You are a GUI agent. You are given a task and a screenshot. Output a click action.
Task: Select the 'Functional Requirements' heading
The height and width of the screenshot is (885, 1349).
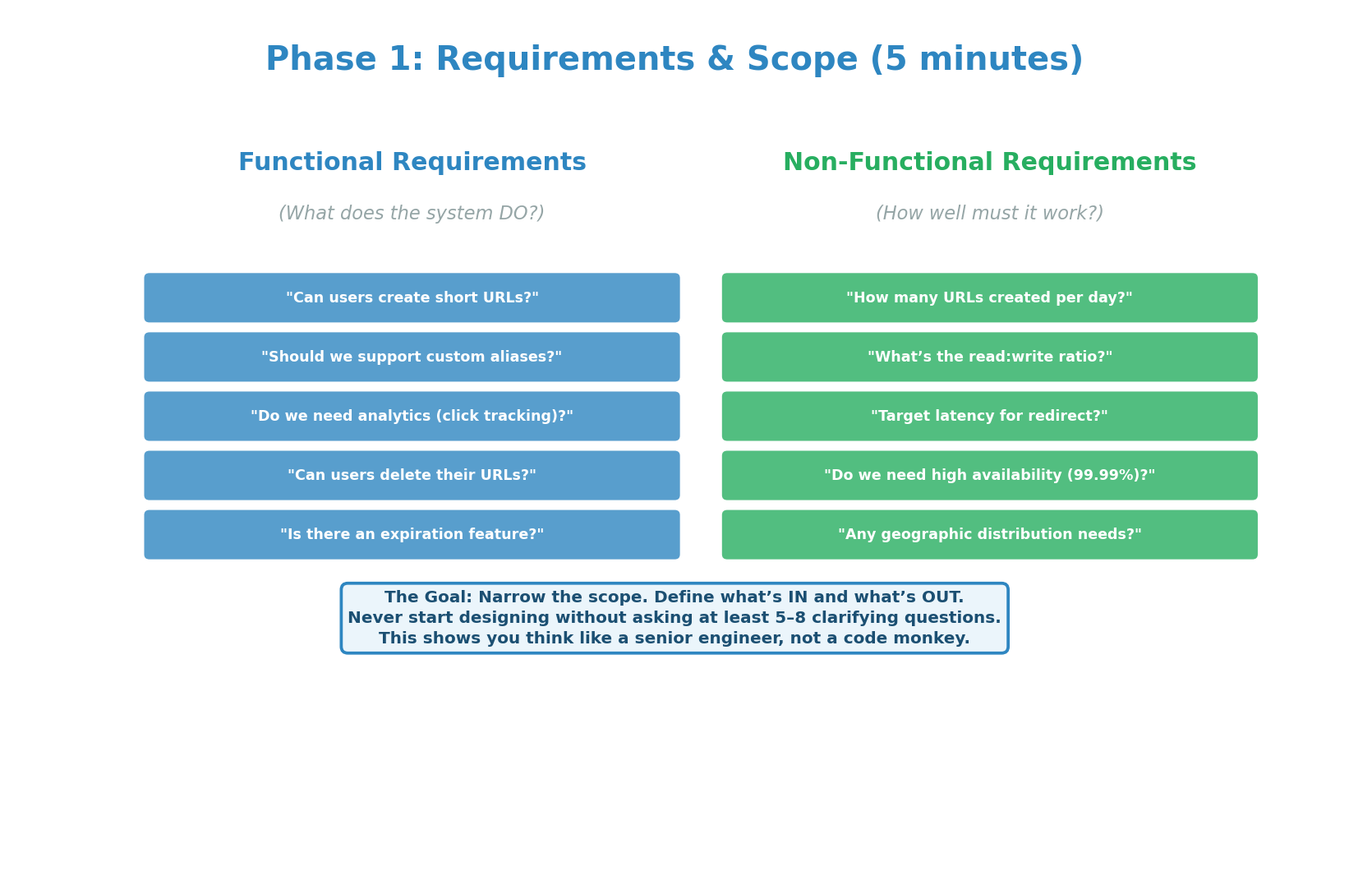click(x=412, y=163)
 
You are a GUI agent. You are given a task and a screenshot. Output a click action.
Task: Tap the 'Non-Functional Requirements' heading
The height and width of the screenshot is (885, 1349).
click(x=989, y=163)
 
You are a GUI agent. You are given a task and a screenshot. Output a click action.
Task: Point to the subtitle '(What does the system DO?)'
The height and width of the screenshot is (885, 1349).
click(x=412, y=214)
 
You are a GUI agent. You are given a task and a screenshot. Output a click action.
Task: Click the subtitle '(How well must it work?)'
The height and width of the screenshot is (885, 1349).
click(x=989, y=214)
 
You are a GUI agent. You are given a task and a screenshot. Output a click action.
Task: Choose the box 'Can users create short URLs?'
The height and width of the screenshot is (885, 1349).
click(x=412, y=298)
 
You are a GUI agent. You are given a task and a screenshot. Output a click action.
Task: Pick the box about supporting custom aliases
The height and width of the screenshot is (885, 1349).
click(x=412, y=357)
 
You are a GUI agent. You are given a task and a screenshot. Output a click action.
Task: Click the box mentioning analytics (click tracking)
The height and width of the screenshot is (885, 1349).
click(x=412, y=417)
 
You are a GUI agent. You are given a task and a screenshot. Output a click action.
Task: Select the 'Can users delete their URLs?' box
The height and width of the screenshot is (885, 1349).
click(x=412, y=476)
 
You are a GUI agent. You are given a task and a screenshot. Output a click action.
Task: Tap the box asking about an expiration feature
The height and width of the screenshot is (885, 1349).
click(x=412, y=535)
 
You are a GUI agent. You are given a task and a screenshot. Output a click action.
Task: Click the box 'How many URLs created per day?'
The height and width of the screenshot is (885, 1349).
click(x=989, y=298)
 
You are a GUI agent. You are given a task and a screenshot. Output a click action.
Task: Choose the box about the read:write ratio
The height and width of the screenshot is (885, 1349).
click(x=989, y=357)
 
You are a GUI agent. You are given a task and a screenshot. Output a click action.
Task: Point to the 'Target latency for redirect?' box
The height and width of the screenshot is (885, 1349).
click(x=989, y=417)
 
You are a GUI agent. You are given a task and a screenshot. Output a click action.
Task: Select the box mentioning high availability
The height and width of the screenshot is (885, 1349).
click(x=989, y=476)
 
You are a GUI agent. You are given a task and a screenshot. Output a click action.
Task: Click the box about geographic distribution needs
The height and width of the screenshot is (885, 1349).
click(x=989, y=535)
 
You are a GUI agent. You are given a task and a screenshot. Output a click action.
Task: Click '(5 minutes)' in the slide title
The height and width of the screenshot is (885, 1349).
click(x=976, y=60)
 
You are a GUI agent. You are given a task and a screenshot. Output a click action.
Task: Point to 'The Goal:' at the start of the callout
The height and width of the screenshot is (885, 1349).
click(x=428, y=597)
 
